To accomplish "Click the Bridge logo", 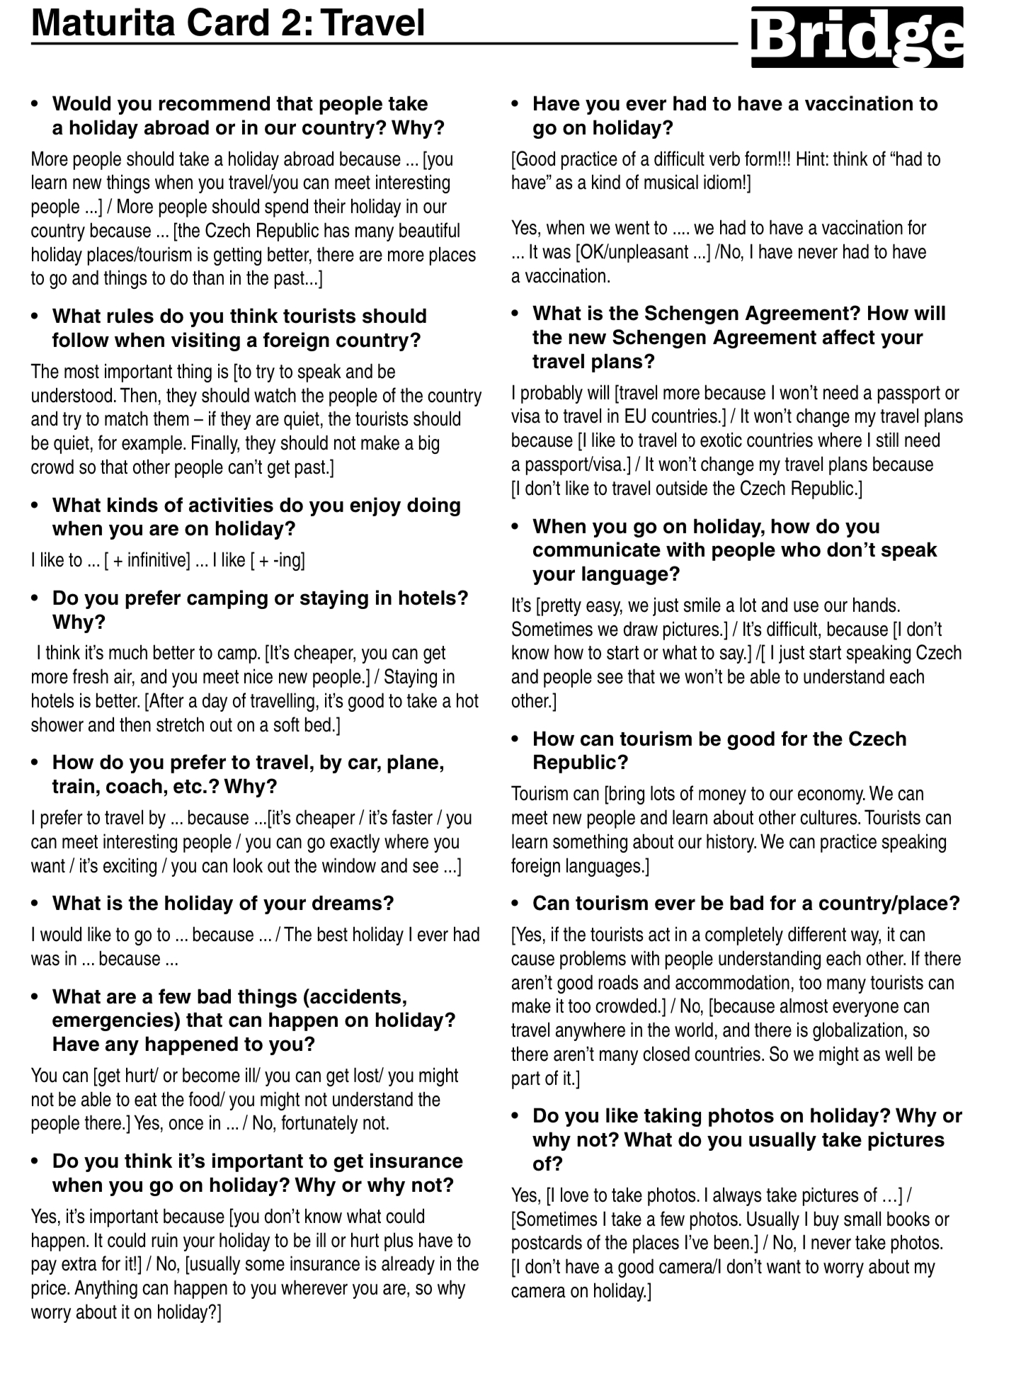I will (x=857, y=38).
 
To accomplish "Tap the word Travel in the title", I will (x=375, y=23).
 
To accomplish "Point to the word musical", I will (x=651, y=183).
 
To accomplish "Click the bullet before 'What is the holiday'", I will (x=35, y=904).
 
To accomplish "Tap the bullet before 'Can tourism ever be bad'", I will (x=516, y=904).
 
